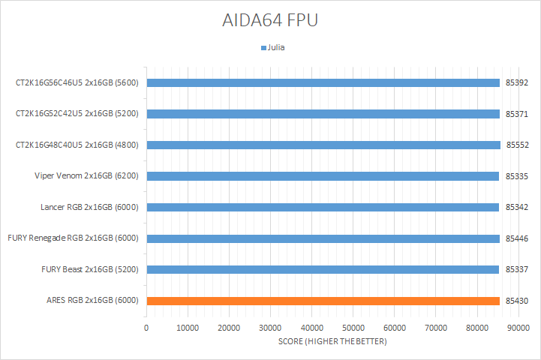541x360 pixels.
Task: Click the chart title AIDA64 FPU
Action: [270, 20]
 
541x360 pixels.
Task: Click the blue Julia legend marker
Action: [263, 47]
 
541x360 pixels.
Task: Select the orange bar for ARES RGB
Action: [323, 301]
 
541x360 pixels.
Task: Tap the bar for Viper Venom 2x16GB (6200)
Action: [323, 176]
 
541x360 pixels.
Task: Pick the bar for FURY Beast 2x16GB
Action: [323, 269]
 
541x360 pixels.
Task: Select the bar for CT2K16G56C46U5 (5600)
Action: [323, 82]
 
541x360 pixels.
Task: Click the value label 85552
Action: [518, 145]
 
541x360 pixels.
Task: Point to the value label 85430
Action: [518, 301]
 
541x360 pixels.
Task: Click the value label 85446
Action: [518, 238]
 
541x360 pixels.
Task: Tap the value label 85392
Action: [518, 82]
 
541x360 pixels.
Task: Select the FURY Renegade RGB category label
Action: [74, 238]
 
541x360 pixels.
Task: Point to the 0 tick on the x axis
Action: [146, 328]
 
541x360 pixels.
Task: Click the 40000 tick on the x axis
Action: [311, 328]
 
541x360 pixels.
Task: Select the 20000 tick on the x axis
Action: [229, 328]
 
